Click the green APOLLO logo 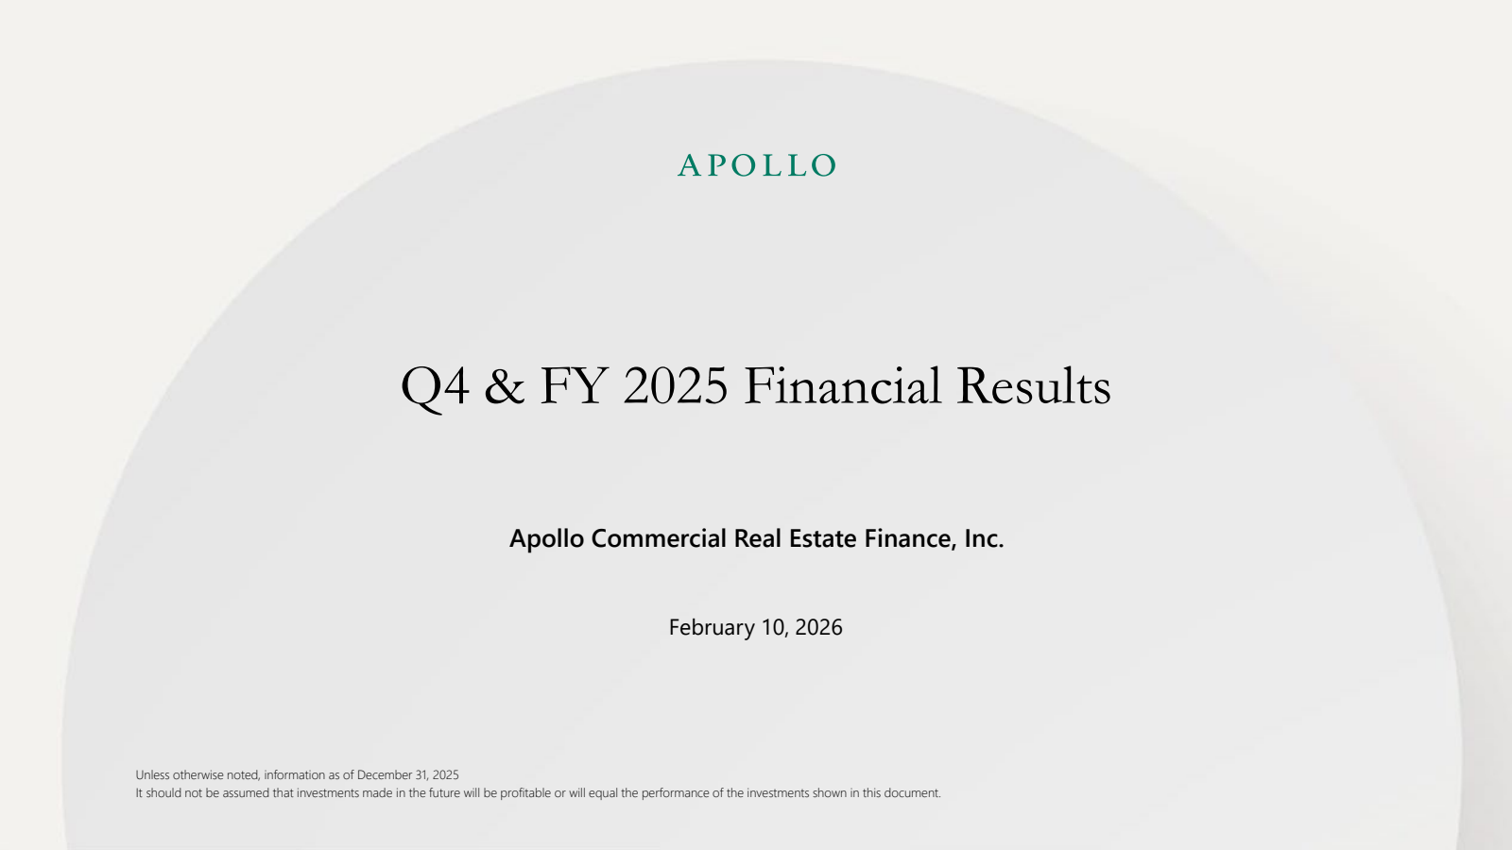click(757, 165)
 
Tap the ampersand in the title click(505, 386)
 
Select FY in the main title click(573, 386)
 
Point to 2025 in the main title click(676, 386)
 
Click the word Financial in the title click(842, 385)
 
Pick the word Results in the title click(1034, 385)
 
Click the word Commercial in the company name click(659, 539)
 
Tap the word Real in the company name click(757, 539)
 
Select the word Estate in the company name click(823, 539)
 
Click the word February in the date click(713, 628)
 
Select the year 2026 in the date click(818, 627)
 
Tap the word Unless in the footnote click(152, 775)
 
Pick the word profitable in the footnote click(525, 793)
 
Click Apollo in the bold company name click(547, 539)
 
